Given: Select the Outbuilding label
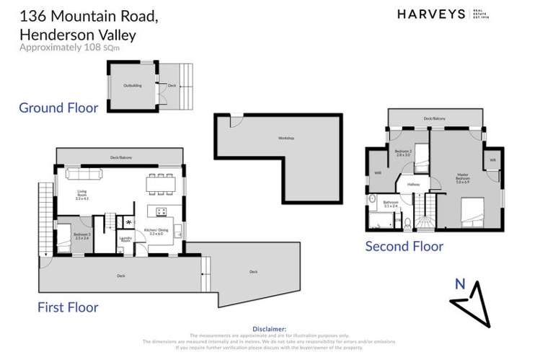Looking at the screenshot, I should tap(133, 85).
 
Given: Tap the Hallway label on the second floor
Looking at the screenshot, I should tap(414, 185).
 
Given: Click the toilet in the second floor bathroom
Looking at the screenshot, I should tap(409, 221).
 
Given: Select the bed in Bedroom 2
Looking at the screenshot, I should tap(421, 164).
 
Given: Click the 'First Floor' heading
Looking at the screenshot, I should tap(68, 307).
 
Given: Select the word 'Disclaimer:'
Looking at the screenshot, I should tap(270, 326).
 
